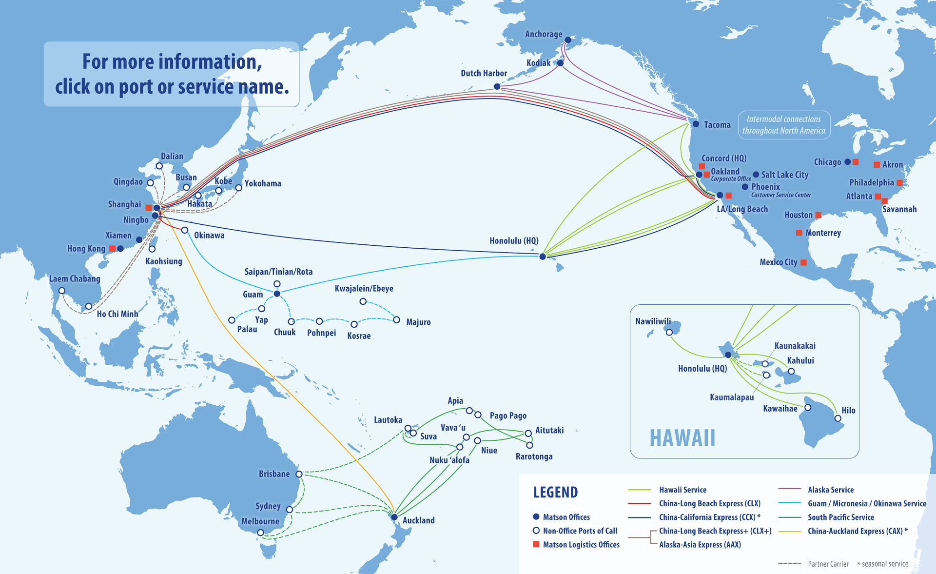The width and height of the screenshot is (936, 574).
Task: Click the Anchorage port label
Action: pos(543,34)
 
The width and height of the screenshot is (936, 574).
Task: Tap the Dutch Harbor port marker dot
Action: pos(497,86)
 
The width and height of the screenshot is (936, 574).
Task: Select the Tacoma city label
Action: pos(717,125)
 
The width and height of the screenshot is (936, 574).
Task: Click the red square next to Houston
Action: pos(818,215)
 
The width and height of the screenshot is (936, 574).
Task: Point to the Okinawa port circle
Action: pos(185,230)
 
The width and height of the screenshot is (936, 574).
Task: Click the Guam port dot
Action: pos(277,294)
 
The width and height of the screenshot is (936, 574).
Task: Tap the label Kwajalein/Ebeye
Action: pos(364,289)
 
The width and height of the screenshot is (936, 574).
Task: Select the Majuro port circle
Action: pos(396,320)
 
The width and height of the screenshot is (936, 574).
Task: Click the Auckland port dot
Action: pos(394,517)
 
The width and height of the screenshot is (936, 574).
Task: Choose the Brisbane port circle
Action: pos(299,474)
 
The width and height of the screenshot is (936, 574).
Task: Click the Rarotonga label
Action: pos(534,456)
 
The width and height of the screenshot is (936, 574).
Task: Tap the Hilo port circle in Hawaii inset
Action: pos(838,418)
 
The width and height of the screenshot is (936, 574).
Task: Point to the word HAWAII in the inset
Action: pos(682,437)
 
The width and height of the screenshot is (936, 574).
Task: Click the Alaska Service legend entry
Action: pos(830,490)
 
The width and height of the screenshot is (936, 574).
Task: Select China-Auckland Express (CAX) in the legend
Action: pos(855,531)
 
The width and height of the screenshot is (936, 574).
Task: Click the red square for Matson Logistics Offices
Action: pos(536,544)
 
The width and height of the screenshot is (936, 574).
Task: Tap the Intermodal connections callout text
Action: pos(783,125)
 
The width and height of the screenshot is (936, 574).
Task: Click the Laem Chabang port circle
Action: pos(62,291)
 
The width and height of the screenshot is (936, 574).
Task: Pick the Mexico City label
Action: pos(778,262)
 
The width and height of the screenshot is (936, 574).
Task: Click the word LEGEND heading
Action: pos(555,492)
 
